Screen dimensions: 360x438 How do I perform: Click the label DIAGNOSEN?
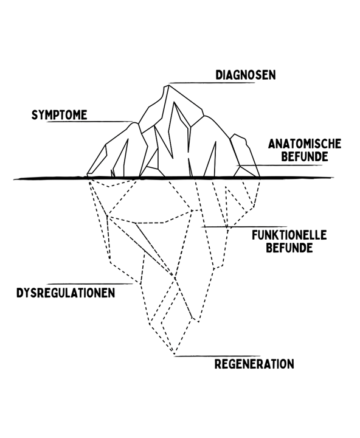[246, 75]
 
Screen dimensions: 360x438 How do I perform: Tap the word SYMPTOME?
[59, 115]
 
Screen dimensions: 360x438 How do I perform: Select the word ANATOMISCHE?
[305, 144]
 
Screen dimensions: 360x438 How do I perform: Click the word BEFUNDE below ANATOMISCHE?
[305, 156]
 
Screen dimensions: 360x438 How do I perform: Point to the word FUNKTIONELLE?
[289, 235]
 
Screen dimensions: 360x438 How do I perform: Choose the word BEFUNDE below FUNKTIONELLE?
[289, 248]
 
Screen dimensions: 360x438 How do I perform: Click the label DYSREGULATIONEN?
[66, 293]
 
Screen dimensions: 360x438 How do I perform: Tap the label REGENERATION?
[254, 364]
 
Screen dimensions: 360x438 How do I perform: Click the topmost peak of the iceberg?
[168, 86]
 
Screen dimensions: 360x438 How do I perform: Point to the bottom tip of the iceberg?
[175, 355]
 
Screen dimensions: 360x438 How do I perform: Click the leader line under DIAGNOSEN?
[212, 83]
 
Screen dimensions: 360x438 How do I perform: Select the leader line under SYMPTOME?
[89, 122]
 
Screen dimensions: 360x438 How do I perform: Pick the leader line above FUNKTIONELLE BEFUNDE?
[244, 227]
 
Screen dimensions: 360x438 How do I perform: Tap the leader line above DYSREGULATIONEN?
[91, 284]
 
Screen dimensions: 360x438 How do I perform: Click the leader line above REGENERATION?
[217, 356]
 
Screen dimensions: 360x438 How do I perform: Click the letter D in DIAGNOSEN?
[219, 75]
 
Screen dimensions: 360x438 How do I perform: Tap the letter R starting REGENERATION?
[218, 364]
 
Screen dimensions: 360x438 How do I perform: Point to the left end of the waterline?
[14, 178]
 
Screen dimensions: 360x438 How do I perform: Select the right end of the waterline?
[333, 178]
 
